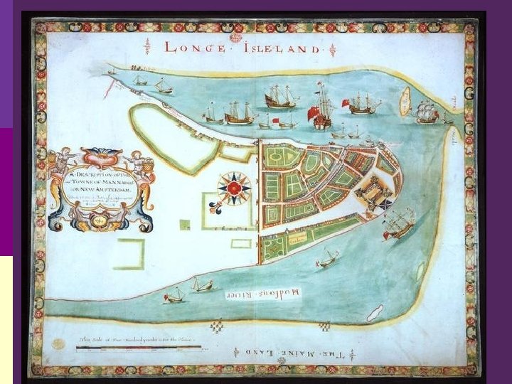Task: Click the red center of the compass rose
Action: click(x=234, y=187)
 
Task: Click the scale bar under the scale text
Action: click(x=138, y=348)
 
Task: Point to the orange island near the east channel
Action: click(x=405, y=102)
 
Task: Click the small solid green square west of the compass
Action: click(x=185, y=225)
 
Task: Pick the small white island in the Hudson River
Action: click(x=375, y=312)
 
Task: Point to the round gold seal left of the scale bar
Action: click(x=59, y=343)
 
